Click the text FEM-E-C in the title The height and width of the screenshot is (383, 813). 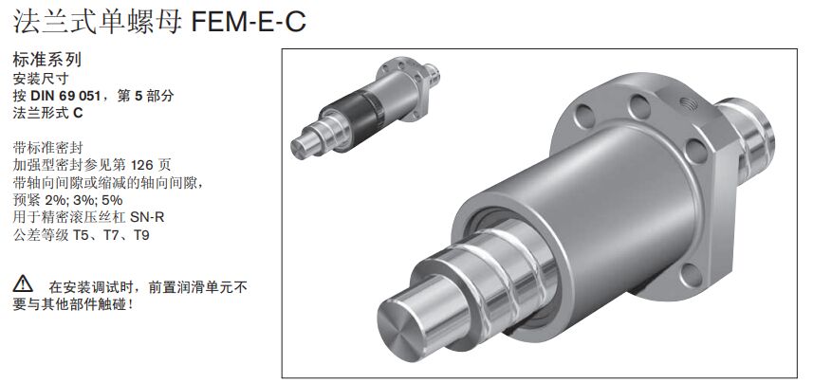pyautogui.click(x=249, y=21)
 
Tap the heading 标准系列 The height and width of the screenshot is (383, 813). pyautogui.click(x=47, y=60)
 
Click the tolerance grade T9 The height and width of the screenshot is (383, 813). pyautogui.click(x=141, y=235)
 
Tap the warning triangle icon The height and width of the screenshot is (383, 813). pyautogui.click(x=23, y=284)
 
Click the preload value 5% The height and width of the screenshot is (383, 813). pyautogui.click(x=113, y=201)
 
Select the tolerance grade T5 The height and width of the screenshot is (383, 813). pyautogui.click(x=82, y=235)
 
